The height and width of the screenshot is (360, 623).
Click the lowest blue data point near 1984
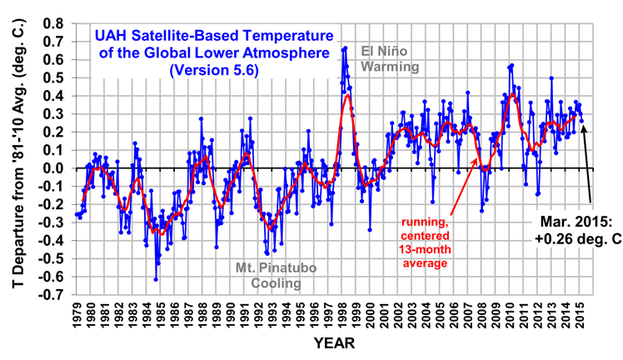tap(156, 279)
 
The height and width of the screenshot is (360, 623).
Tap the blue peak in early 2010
tap(511, 65)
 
